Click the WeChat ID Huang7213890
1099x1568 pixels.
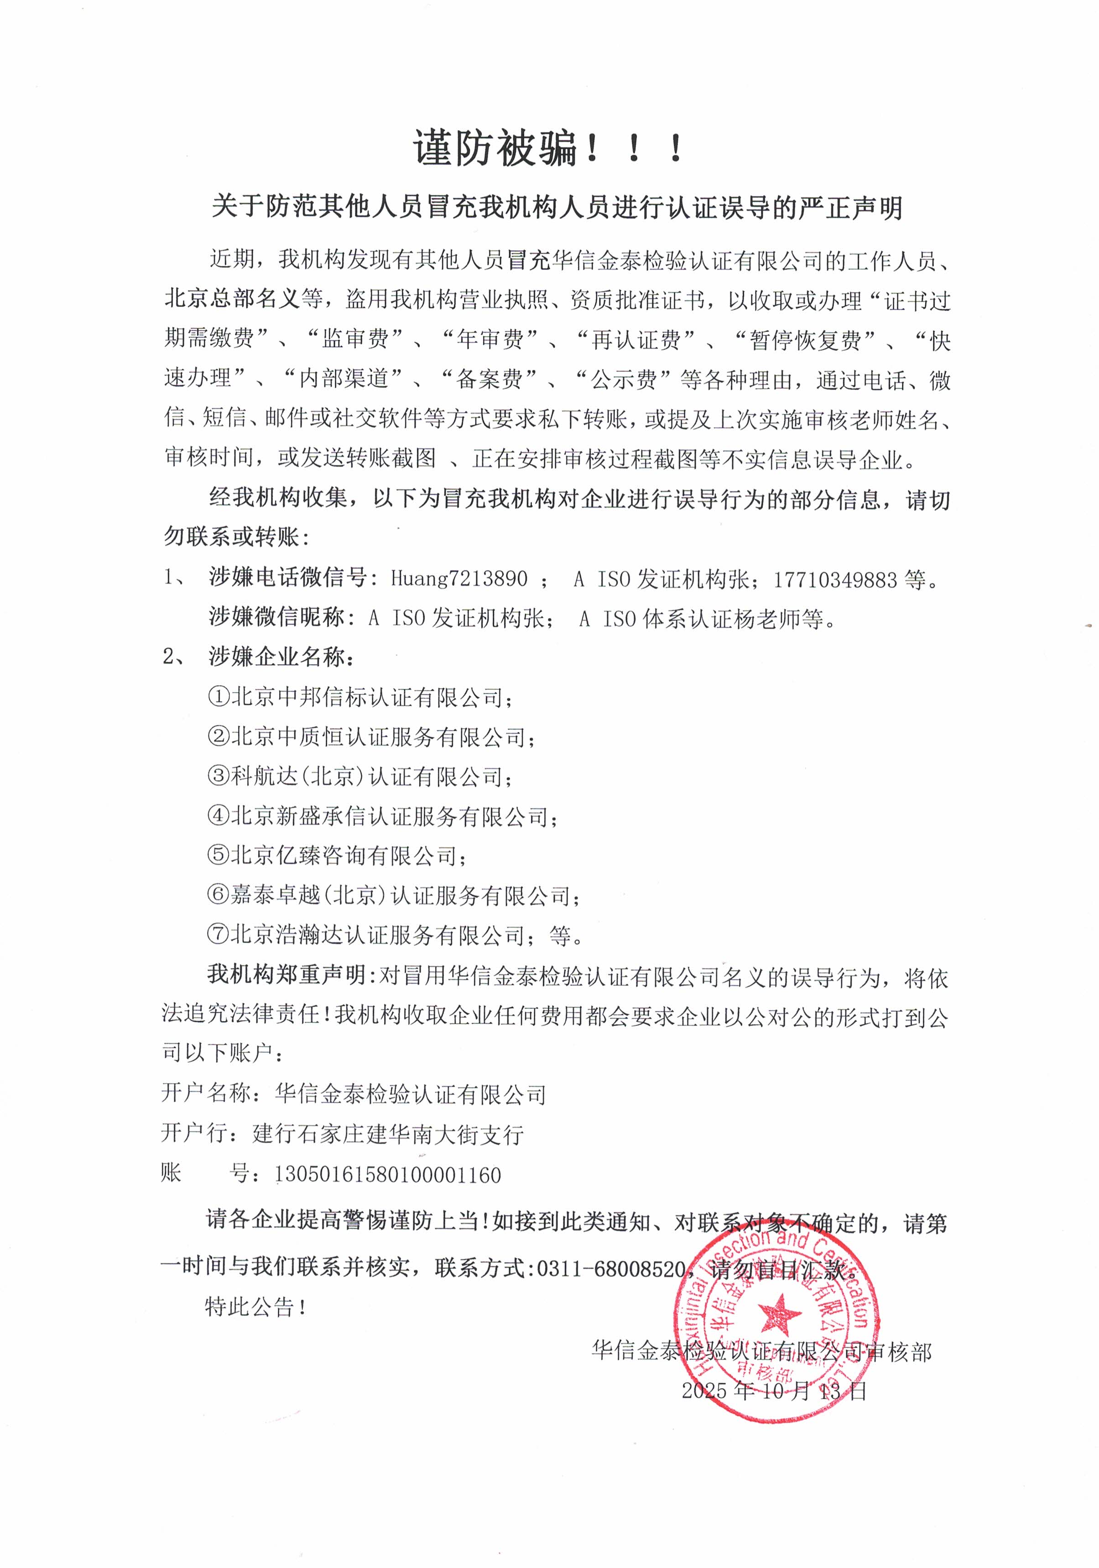pyautogui.click(x=459, y=579)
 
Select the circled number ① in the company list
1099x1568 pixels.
pyautogui.click(x=218, y=697)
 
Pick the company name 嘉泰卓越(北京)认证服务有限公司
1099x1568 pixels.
pyautogui.click(x=400, y=896)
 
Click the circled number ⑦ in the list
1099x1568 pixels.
pyautogui.click(x=218, y=934)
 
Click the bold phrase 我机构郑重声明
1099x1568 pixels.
pyautogui.click(x=287, y=974)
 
